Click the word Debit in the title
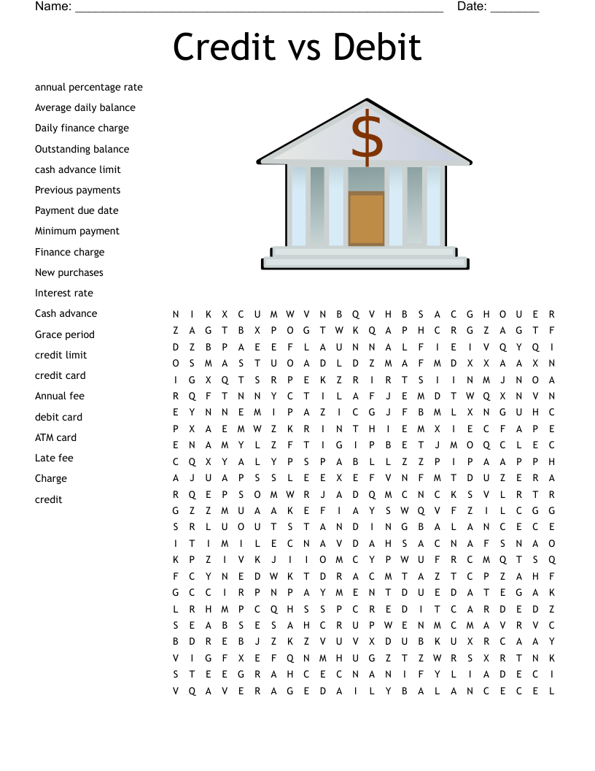[378, 47]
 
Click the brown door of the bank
[366, 218]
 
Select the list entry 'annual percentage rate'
[89, 88]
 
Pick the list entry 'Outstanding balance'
[82, 149]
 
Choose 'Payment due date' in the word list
[77, 210]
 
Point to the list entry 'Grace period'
[65, 334]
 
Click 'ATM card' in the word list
[55, 437]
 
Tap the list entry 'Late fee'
[54, 458]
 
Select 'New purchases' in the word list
[69, 272]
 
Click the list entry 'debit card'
[58, 417]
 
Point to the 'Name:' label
[53, 7]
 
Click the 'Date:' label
[472, 7]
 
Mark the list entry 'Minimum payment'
[77, 231]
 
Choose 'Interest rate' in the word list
[64, 293]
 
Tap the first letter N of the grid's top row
[176, 314]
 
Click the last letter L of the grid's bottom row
[553, 691]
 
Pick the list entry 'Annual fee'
[60, 396]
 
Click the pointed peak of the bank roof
[366, 101]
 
